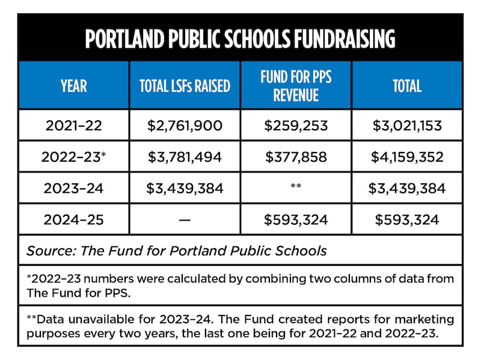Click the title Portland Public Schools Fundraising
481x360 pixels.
pyautogui.click(x=240, y=39)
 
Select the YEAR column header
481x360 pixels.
pyautogui.click(x=73, y=85)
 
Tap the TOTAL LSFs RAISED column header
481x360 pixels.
pyautogui.click(x=185, y=85)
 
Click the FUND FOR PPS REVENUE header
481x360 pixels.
pyautogui.click(x=296, y=85)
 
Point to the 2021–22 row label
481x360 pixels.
pyautogui.click(x=73, y=126)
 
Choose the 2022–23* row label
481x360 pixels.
pyautogui.click(x=73, y=157)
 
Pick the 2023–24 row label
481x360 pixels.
pyautogui.click(x=73, y=188)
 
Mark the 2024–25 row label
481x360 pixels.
pyautogui.click(x=73, y=219)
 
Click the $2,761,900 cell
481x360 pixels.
pyautogui.click(x=185, y=126)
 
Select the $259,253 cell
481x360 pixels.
pyautogui.click(x=296, y=126)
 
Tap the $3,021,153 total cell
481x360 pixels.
pyautogui.click(x=407, y=126)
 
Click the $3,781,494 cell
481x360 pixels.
pyautogui.click(x=185, y=157)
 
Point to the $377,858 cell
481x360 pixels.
pyautogui.click(x=296, y=157)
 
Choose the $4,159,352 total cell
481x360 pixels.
pyautogui.click(x=407, y=157)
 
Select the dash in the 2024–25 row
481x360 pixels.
pyautogui.click(x=185, y=219)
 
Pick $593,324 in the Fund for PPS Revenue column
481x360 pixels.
pyautogui.click(x=296, y=219)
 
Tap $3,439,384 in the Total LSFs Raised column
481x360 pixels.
pyautogui.click(x=185, y=188)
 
